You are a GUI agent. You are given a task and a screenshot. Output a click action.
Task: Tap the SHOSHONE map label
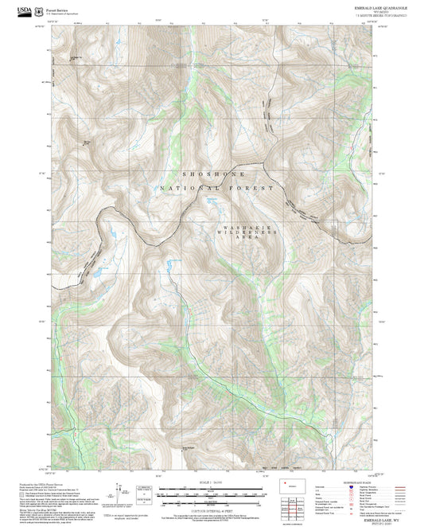[213, 174]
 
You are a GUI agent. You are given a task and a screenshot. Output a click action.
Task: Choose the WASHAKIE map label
[246, 228]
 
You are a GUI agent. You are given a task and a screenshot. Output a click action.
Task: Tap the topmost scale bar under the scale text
[211, 488]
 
